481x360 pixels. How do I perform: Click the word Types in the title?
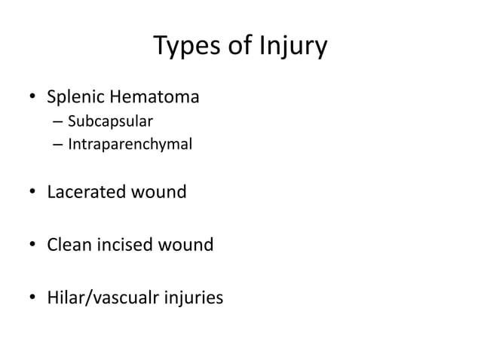184,47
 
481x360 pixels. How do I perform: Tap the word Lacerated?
87,192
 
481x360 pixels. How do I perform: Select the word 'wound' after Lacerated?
159,192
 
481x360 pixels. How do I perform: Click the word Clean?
70,246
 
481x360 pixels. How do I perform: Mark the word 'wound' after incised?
186,246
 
